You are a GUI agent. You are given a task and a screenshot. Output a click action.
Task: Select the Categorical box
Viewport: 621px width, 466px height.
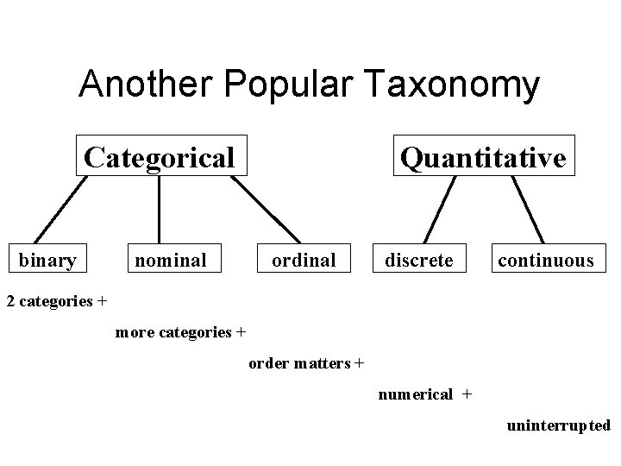click(x=160, y=157)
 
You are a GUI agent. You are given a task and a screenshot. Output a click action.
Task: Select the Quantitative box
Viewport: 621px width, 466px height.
click(x=483, y=157)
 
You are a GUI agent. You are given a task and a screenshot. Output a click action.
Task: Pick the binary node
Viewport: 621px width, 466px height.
click(x=47, y=259)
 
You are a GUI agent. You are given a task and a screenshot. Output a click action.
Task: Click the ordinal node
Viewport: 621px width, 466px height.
click(x=304, y=259)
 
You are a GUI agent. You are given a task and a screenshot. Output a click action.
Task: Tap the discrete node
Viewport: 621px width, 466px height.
click(x=418, y=259)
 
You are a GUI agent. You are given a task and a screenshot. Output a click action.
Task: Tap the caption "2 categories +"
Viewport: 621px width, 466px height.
click(x=57, y=301)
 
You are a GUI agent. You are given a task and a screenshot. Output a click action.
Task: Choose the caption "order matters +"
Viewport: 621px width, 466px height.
click(x=306, y=363)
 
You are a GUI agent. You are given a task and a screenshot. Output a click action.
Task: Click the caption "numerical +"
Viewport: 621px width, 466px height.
click(x=424, y=394)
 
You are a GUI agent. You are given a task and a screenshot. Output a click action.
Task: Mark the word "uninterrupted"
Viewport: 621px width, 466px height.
click(x=559, y=425)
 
